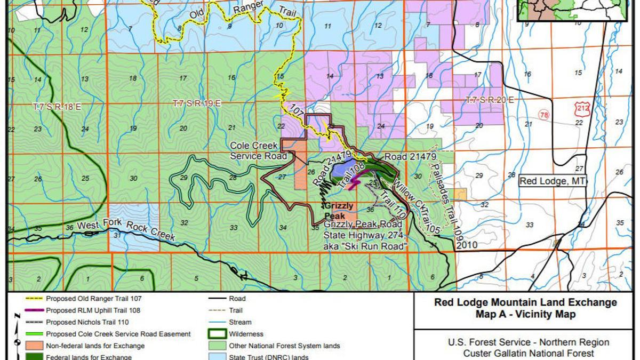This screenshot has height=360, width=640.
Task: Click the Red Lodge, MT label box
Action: click(553, 181)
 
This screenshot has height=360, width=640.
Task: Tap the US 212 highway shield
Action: click(581, 109)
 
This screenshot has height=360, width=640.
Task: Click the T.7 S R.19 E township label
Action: click(197, 103)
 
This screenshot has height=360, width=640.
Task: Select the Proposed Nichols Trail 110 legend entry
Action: click(87, 322)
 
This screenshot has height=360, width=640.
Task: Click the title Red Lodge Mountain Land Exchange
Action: click(525, 303)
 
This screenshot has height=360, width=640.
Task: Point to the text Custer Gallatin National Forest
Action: click(525, 353)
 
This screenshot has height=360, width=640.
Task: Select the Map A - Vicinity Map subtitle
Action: click(525, 314)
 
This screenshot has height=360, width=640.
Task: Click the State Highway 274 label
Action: click(365, 237)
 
